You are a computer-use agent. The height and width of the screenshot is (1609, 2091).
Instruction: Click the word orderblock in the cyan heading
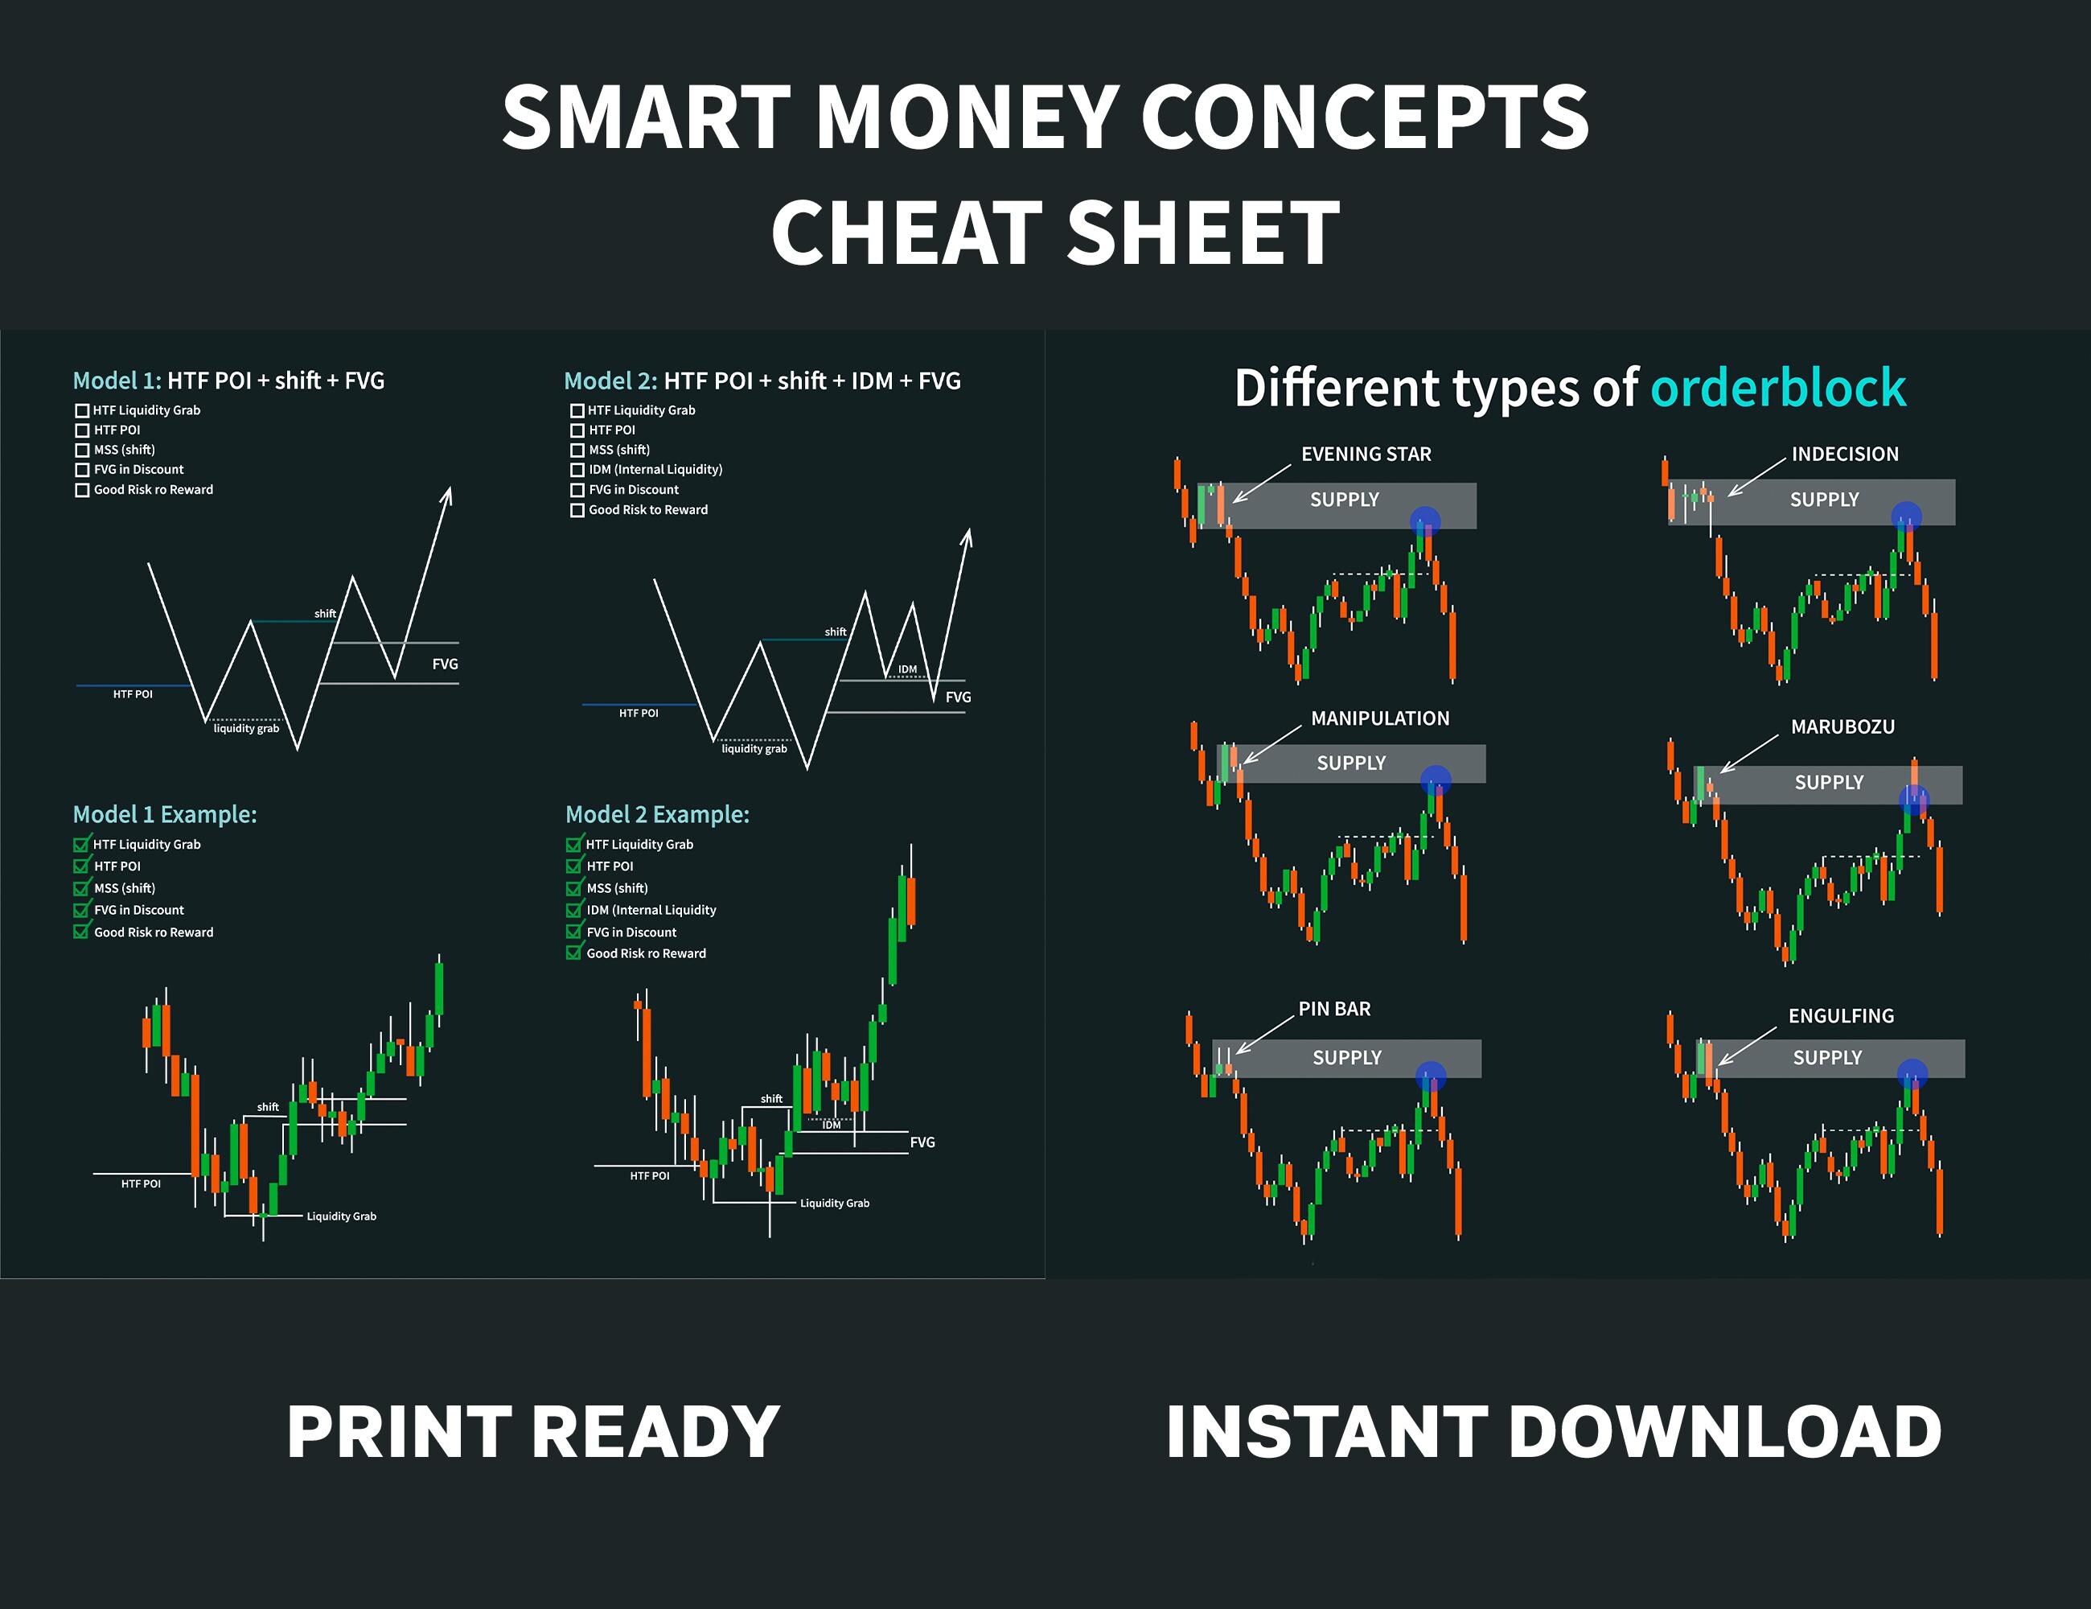click(1778, 388)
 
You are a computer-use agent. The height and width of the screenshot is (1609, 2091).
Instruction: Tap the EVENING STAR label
click(1366, 454)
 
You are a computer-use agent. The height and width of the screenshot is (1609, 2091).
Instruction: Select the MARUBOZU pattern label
click(1843, 727)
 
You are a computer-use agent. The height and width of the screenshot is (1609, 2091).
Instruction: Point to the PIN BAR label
click(1335, 1009)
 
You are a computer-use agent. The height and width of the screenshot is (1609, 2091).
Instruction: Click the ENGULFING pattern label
click(1841, 1016)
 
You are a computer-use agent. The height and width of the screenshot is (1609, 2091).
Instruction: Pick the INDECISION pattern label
click(1845, 454)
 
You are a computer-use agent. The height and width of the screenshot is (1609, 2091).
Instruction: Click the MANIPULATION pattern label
click(1379, 718)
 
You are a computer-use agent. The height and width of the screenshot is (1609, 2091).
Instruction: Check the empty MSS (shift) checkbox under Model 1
click(82, 451)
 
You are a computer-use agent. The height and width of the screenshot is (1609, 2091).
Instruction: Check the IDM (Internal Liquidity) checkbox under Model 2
click(577, 471)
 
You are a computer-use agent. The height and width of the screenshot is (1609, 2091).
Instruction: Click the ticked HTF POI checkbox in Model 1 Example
click(81, 866)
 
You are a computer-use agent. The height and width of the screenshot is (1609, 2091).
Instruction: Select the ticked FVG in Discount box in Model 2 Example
click(573, 932)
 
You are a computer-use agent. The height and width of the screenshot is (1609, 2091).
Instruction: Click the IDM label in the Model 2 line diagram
click(908, 669)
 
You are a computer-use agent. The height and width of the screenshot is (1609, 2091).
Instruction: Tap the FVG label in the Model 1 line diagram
click(446, 664)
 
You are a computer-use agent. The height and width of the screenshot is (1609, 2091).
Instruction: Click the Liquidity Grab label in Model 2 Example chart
click(835, 1203)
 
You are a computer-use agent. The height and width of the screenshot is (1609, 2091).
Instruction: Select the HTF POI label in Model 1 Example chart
click(141, 1183)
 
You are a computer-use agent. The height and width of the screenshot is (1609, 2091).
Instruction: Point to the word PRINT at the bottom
click(399, 1432)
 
